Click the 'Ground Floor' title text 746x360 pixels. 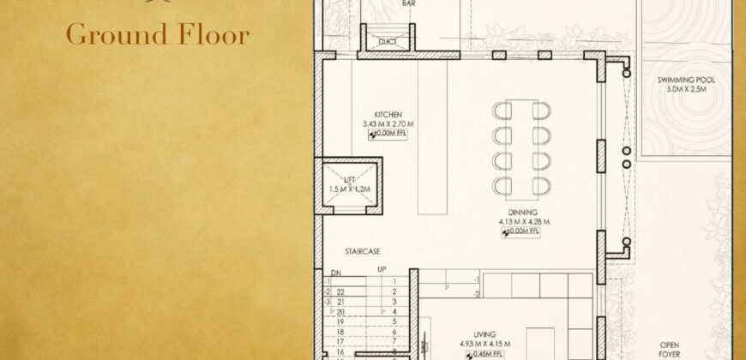(157, 35)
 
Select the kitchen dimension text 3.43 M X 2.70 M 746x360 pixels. (388, 124)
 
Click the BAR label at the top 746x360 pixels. (408, 3)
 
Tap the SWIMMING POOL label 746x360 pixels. (686, 80)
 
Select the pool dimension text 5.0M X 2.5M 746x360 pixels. (686, 89)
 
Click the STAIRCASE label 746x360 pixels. (364, 251)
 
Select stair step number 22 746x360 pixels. (340, 291)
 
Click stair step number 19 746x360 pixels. (340, 321)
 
